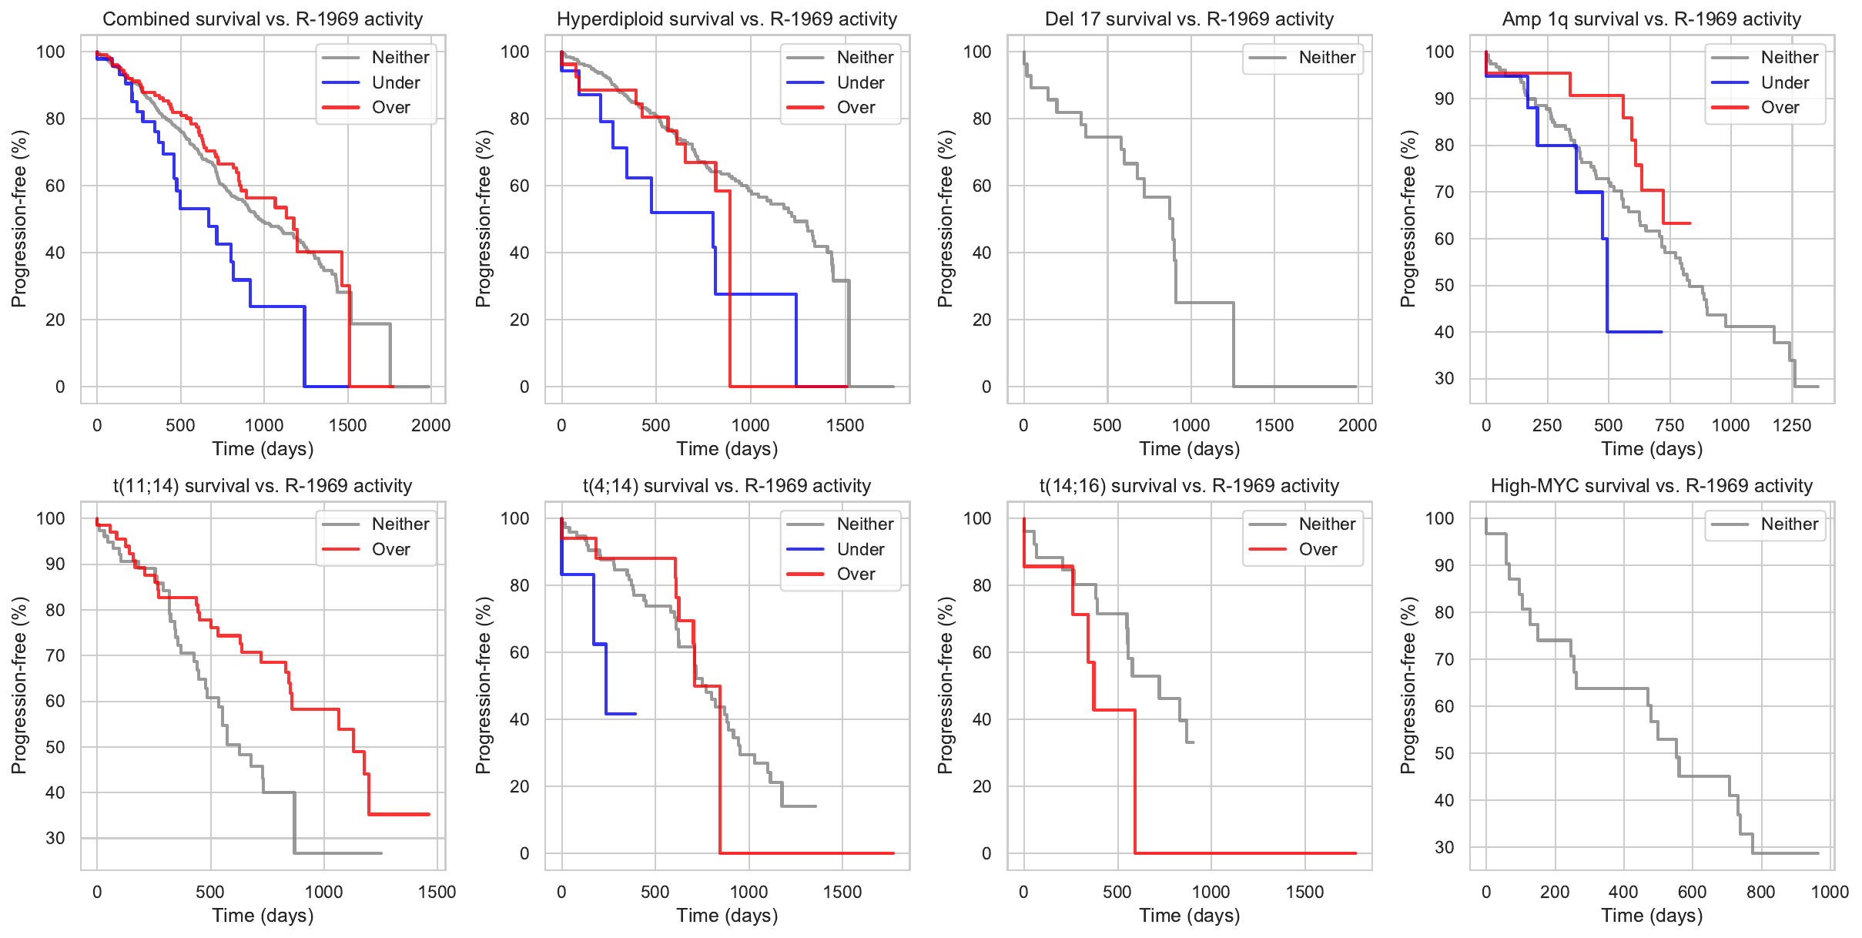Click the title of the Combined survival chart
pyautogui.click(x=263, y=19)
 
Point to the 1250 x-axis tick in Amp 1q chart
pyautogui.click(x=1792, y=425)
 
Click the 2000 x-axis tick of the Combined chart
pyautogui.click(x=430, y=425)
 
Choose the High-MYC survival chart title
pyautogui.click(x=1652, y=486)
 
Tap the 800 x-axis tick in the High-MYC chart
pyautogui.click(x=1761, y=892)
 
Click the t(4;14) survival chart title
pyautogui.click(x=727, y=486)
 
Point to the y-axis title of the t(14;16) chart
pyautogui.click(x=946, y=685)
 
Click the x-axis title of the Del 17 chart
pyautogui.click(x=1190, y=449)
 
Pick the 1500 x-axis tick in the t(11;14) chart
pyautogui.click(x=437, y=892)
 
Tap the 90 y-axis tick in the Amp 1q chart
pyautogui.click(x=1444, y=99)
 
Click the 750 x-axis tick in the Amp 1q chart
pyautogui.click(x=1669, y=425)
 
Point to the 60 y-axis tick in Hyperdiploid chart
pyautogui.click(x=520, y=186)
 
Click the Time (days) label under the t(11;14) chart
pyautogui.click(x=263, y=916)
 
